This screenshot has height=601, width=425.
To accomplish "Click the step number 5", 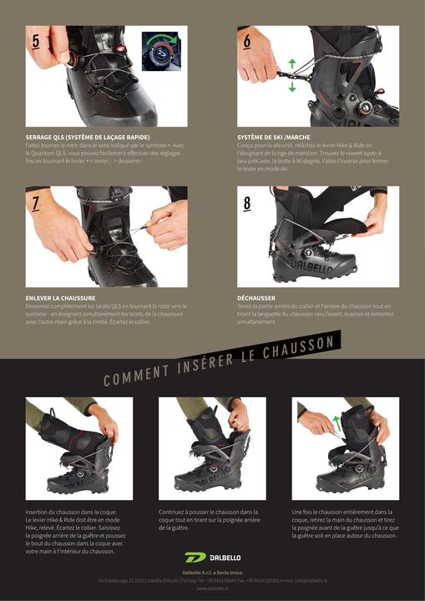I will tap(36, 40).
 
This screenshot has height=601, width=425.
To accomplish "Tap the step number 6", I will tap(248, 40).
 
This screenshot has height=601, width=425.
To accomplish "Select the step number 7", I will tap(36, 202).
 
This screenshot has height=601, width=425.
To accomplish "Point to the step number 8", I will tap(247, 202).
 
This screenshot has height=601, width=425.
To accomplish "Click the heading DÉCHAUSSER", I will tap(256, 296).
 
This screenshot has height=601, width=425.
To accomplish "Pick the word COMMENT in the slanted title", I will tap(134, 373).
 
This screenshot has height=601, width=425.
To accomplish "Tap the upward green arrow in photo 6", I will tap(292, 63).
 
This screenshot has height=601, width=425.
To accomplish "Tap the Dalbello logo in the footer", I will tap(212, 557).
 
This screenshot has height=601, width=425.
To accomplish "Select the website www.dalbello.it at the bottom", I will tap(212, 588).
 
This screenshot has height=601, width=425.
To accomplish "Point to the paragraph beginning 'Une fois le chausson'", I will tap(344, 523).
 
